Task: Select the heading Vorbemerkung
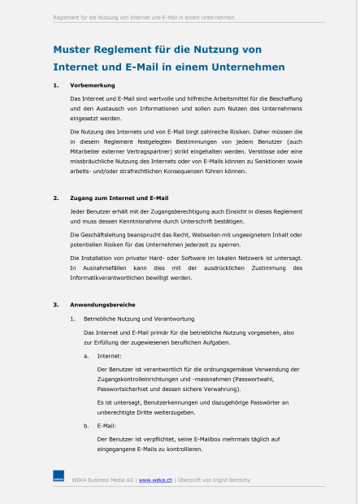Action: point(93,85)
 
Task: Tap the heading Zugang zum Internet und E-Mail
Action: point(119,198)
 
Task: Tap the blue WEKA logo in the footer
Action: point(59,478)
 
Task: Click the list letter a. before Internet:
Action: point(87,355)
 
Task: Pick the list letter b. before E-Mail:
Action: point(87,425)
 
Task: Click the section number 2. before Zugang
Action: point(56,198)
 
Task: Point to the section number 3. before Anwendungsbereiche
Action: point(56,305)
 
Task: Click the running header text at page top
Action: point(144,16)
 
